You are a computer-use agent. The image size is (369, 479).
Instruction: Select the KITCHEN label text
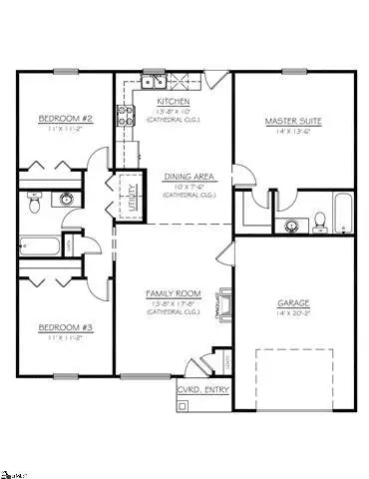coord(175,102)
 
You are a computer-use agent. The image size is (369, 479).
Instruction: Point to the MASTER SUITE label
coord(289,121)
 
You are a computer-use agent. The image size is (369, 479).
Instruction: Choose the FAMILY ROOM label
coord(174,293)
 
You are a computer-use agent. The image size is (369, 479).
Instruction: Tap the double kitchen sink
coord(154,81)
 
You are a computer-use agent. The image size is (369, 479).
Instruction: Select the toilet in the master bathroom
coord(318,222)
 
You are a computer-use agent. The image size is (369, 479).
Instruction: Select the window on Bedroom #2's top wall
coord(65,70)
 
